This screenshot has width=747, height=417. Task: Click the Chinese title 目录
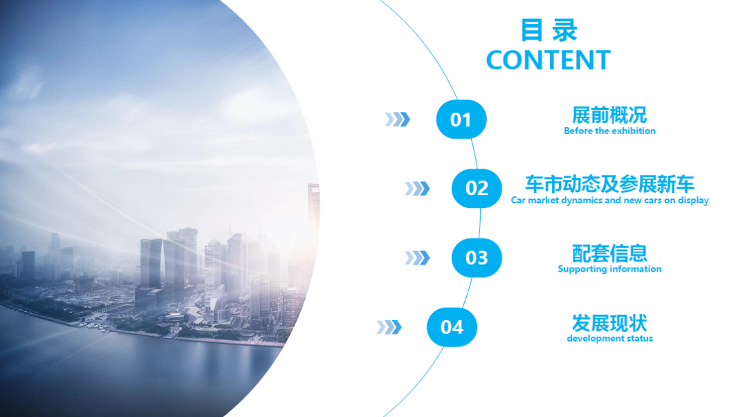pyautogui.click(x=548, y=30)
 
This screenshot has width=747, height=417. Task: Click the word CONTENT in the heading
pyautogui.click(x=548, y=60)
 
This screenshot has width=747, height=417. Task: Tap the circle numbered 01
pyautogui.click(x=461, y=119)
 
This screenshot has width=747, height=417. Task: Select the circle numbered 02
pyautogui.click(x=477, y=188)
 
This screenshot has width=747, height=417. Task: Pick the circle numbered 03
pyautogui.click(x=477, y=258)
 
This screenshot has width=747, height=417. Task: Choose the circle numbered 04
pyautogui.click(x=452, y=327)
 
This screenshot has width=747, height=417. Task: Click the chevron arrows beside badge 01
pyautogui.click(x=397, y=119)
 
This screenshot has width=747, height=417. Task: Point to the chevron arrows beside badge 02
pyautogui.click(x=417, y=189)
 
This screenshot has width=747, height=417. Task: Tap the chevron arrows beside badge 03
pyautogui.click(x=417, y=258)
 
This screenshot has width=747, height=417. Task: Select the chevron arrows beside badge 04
pyautogui.click(x=389, y=327)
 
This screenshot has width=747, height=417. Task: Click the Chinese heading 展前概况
pyautogui.click(x=609, y=115)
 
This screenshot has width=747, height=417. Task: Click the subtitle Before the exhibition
pyautogui.click(x=610, y=131)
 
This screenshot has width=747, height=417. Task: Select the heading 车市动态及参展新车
pyautogui.click(x=610, y=184)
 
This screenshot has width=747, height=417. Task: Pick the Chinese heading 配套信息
pyautogui.click(x=610, y=253)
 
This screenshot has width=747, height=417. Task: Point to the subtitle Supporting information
pyautogui.click(x=610, y=269)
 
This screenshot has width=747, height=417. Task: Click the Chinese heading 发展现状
pyautogui.click(x=610, y=323)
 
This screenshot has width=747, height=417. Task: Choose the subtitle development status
pyautogui.click(x=610, y=338)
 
